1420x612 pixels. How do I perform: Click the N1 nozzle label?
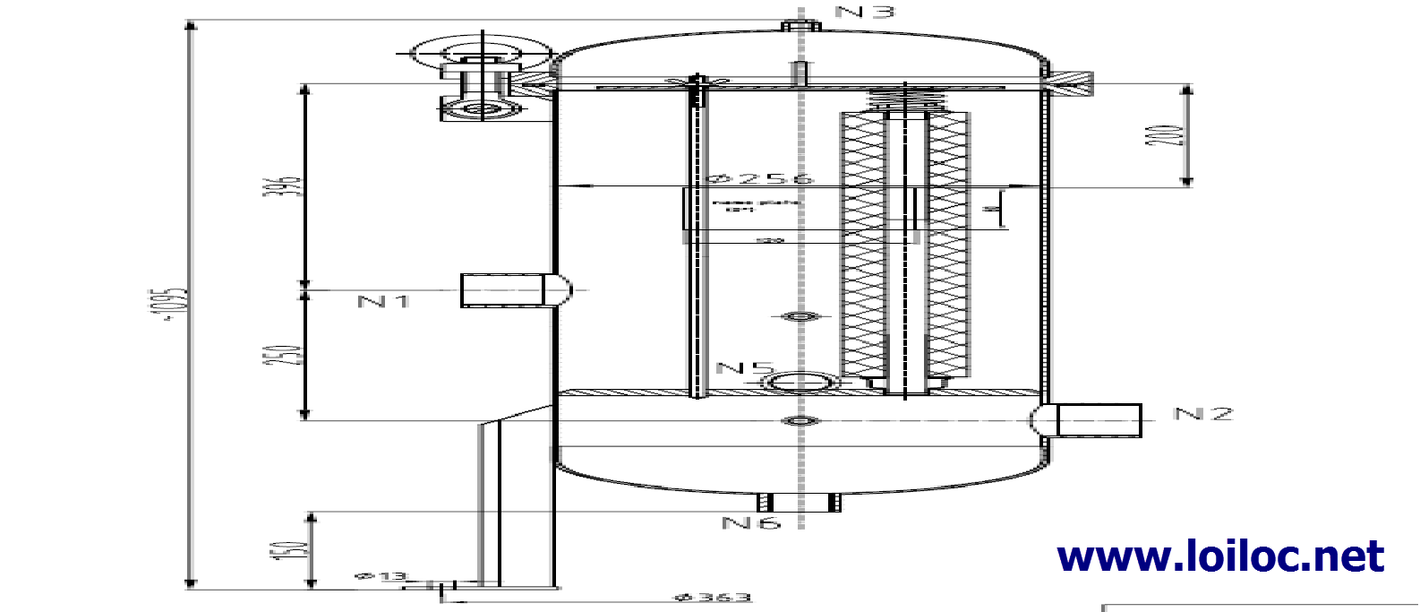pos(383,301)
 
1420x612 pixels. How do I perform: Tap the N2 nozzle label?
pos(1203,414)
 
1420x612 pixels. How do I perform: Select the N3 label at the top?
pos(864,12)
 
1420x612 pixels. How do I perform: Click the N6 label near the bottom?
pos(751,522)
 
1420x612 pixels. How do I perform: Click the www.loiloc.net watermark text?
pos(1220,556)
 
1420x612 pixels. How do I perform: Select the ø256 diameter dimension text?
pos(760,178)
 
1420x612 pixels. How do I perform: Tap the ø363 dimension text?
pos(713,598)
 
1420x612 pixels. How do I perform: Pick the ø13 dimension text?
pos(380,576)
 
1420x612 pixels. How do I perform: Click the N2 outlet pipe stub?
pos(1098,420)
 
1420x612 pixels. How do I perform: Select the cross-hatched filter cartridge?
pos(904,246)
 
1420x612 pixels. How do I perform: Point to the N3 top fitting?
pos(800,26)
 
